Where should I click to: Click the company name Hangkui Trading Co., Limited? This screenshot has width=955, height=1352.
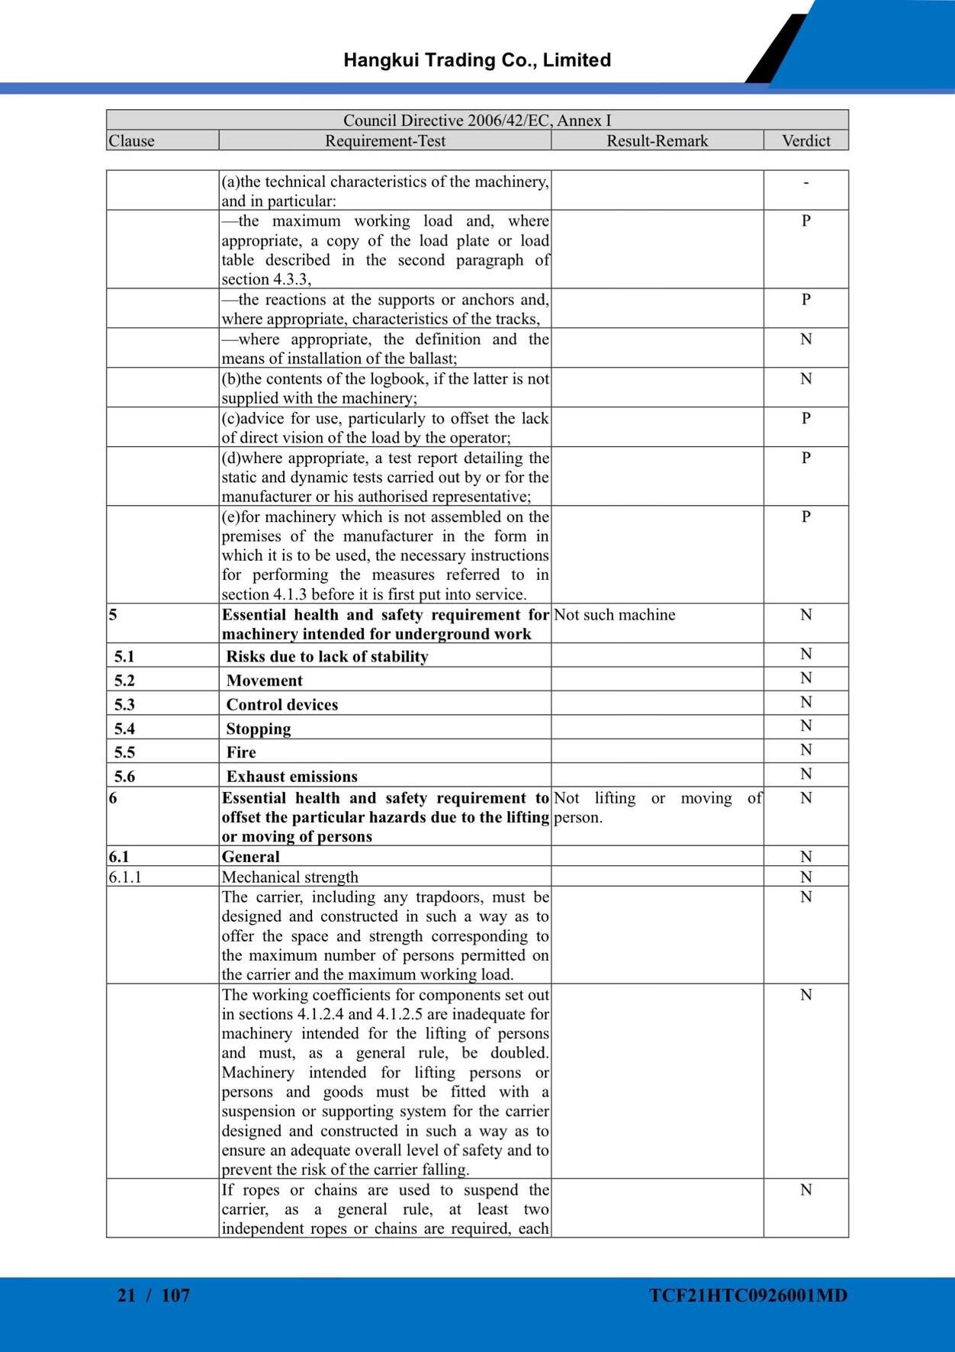(x=477, y=60)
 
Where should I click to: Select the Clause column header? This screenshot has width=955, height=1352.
(x=131, y=141)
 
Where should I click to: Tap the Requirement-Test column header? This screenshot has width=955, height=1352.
(x=385, y=141)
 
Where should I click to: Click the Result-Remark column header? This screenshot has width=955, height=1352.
(x=657, y=141)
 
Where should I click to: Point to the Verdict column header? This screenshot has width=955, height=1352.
(x=805, y=141)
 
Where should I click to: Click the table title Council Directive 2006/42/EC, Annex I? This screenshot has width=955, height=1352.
(x=477, y=121)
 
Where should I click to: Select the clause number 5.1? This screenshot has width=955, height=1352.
(x=124, y=656)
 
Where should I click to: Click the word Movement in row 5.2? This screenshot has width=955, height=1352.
(x=264, y=681)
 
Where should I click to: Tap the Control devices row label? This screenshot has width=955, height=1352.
(x=281, y=705)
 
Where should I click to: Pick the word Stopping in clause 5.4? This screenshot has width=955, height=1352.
(x=258, y=729)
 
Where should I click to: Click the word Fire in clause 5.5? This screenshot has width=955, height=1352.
(x=241, y=752)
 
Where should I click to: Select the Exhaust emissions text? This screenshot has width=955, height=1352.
(x=291, y=777)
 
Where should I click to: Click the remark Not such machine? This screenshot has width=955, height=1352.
(x=614, y=615)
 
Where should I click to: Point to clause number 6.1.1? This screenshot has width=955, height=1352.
(x=125, y=877)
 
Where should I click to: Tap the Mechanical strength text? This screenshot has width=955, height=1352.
(x=290, y=877)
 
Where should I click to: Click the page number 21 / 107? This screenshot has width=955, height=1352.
(x=153, y=1296)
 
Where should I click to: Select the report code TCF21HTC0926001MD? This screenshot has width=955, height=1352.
(x=748, y=1296)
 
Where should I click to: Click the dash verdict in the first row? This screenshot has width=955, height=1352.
(x=806, y=182)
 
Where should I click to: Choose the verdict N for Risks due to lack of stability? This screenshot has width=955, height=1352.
(x=806, y=655)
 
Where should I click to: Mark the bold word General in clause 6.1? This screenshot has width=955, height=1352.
(x=250, y=857)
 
